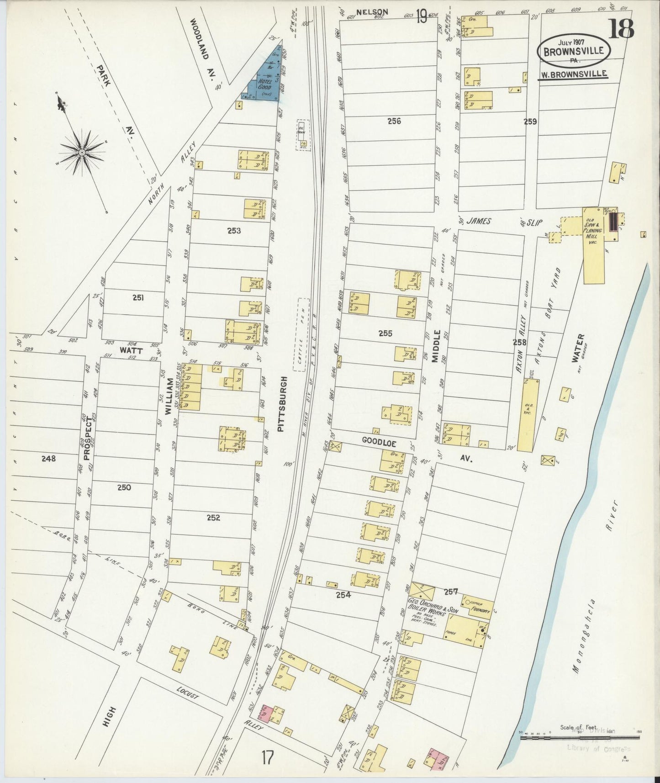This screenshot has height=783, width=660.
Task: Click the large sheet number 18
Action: tap(622, 28)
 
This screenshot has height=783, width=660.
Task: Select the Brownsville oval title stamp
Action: tap(573, 51)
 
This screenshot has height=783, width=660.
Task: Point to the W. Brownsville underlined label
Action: tap(573, 74)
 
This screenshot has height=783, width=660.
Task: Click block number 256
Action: tap(394, 121)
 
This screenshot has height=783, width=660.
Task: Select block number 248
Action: tap(49, 458)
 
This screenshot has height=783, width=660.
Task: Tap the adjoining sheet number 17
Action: tap(268, 757)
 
